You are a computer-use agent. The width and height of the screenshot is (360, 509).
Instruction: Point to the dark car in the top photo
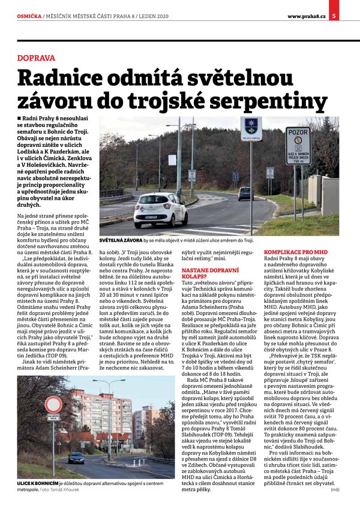click(245, 193)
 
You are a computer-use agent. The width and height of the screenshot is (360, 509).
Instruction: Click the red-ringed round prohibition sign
click(53, 404)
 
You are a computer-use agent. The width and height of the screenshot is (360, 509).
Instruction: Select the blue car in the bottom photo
click(76, 457)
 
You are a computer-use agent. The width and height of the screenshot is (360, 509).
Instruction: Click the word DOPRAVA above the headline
click(36, 58)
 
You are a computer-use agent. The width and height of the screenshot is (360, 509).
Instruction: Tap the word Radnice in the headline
click(62, 80)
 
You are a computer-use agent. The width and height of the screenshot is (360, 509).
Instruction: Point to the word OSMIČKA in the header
click(29, 7)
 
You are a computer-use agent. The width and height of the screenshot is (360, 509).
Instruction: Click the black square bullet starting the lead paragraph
click(20, 120)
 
